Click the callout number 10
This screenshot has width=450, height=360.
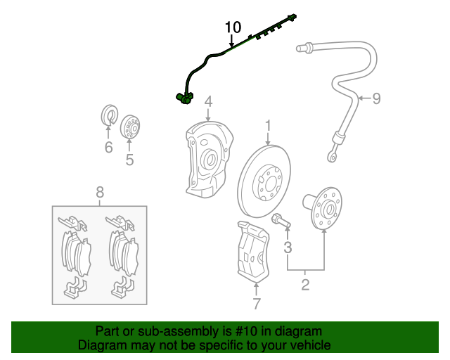click(x=233, y=27)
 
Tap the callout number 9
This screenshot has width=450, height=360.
click(x=376, y=98)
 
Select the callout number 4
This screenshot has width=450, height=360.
click(x=208, y=104)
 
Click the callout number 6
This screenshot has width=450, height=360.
click(x=108, y=147)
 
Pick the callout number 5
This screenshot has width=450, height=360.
click(x=129, y=160)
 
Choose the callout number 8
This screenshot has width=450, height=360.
click(x=100, y=191)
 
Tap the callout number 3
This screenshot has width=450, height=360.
click(x=288, y=247)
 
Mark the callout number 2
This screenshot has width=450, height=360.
click(x=305, y=285)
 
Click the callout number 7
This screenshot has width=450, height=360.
click(x=256, y=304)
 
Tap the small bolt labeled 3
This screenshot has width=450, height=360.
click(x=280, y=221)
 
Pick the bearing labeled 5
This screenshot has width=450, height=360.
click(x=130, y=128)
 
